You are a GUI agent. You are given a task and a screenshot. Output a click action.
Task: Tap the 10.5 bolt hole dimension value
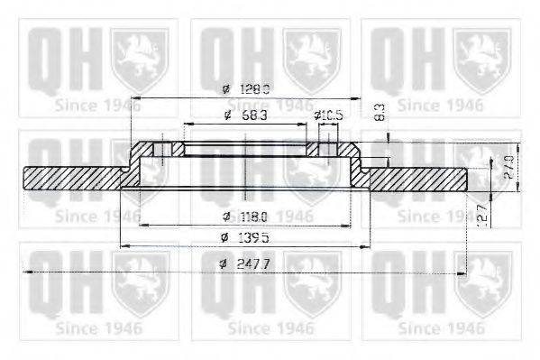(333, 116)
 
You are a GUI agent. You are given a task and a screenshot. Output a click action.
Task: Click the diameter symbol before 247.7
(224, 263)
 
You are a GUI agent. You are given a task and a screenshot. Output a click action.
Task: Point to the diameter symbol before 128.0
(225, 88)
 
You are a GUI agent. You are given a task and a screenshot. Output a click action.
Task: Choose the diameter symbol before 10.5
(317, 116)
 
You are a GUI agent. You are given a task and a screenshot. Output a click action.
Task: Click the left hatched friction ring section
(72, 178)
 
